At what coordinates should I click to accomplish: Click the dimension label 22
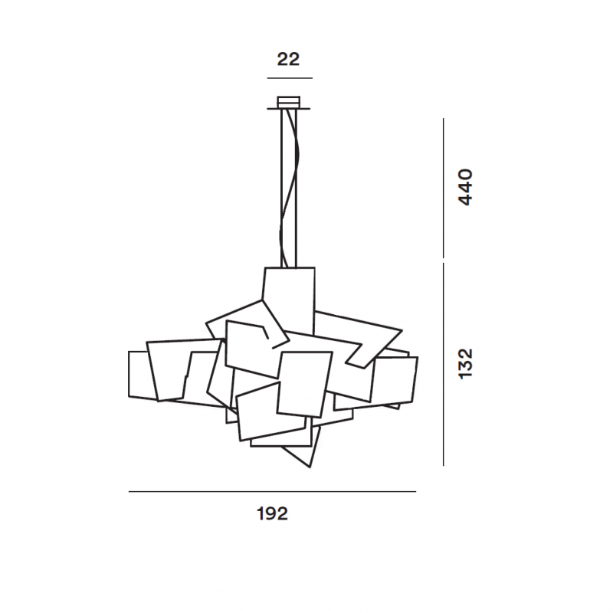[x=288, y=60]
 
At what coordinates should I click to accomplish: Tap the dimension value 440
[x=465, y=187]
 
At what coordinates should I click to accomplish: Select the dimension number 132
[x=465, y=363]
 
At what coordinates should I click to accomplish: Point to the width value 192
[x=272, y=513]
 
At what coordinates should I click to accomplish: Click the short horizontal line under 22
[x=290, y=78]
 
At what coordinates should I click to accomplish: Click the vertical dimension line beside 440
[x=444, y=188]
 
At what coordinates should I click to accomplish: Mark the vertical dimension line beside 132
[x=444, y=365]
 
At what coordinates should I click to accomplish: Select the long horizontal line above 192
[x=272, y=491]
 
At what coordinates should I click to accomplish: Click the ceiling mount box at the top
[x=289, y=102]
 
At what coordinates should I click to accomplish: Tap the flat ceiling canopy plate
[x=289, y=109]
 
